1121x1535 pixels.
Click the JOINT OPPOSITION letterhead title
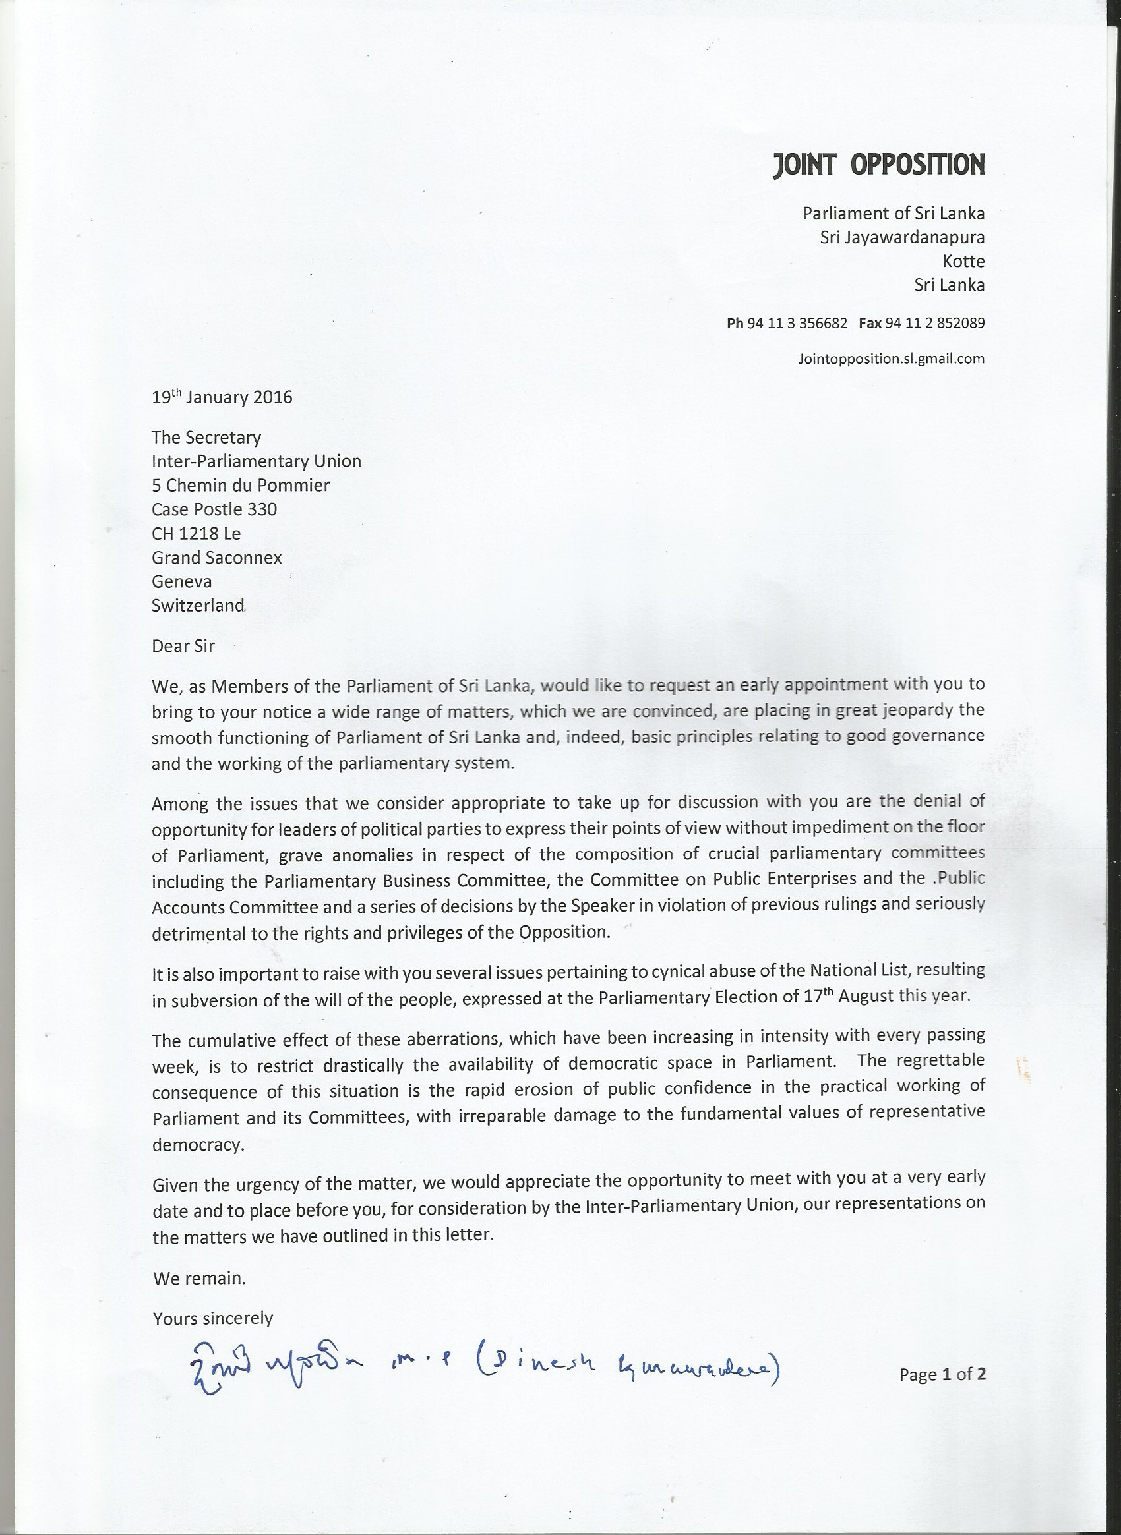pyautogui.click(x=878, y=165)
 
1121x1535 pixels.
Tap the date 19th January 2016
pyautogui.click(x=222, y=397)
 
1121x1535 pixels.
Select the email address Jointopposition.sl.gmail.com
pyautogui.click(x=891, y=359)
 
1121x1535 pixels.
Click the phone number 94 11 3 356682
pyautogui.click(x=797, y=324)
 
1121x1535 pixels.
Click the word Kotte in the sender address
pyautogui.click(x=963, y=262)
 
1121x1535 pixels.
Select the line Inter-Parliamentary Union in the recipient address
pyautogui.click(x=256, y=461)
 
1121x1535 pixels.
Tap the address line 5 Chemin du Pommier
pyautogui.click(x=240, y=486)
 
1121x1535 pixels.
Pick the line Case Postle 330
pyautogui.click(x=214, y=509)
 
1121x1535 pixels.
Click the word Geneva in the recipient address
pyautogui.click(x=181, y=581)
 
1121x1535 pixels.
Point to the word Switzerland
pyautogui.click(x=197, y=606)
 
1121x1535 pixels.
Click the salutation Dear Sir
pyautogui.click(x=183, y=646)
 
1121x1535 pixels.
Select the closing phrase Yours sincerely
pyautogui.click(x=212, y=1318)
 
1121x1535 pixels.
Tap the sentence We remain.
pyautogui.click(x=199, y=1278)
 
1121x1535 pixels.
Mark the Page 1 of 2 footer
pyautogui.click(x=942, y=1374)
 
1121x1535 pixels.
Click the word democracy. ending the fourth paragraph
pyautogui.click(x=197, y=1144)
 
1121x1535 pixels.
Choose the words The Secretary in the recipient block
pyautogui.click(x=206, y=438)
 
